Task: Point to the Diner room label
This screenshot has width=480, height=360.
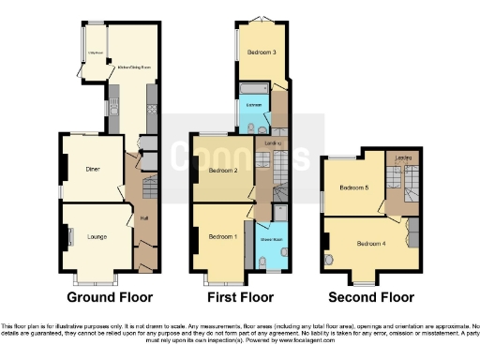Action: pyautogui.click(x=92, y=170)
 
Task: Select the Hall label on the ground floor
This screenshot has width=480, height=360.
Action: pyautogui.click(x=144, y=218)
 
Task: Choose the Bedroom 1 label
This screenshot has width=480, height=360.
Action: pyautogui.click(x=223, y=235)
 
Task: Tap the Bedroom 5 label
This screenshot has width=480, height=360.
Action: pyautogui.click(x=352, y=187)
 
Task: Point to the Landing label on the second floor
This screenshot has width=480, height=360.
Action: pyautogui.click(x=404, y=157)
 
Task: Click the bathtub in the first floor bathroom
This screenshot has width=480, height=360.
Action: pyautogui.click(x=254, y=91)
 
